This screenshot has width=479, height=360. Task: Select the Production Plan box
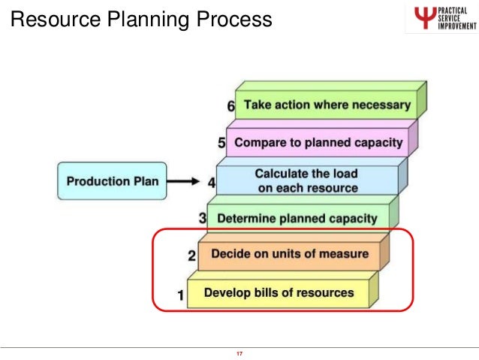point(108,181)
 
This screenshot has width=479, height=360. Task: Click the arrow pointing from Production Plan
point(183,181)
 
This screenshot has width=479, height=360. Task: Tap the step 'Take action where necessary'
point(327,105)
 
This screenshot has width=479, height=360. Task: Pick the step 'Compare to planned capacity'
point(318,142)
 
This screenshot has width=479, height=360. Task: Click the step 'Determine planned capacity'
point(297,219)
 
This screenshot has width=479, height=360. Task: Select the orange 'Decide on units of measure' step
point(290,254)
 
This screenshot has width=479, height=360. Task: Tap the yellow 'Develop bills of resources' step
point(279,292)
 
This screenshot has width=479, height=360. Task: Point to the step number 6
point(230,107)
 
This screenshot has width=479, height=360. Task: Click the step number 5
point(221,143)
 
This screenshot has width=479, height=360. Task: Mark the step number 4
point(212,181)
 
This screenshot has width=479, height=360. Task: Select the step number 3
point(202,219)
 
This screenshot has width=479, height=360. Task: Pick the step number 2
point(192,256)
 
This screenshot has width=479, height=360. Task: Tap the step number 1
point(180,295)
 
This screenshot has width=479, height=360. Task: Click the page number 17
point(239,354)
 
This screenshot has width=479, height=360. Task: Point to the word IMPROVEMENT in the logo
point(455,29)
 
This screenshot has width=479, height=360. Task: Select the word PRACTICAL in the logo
point(453,9)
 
